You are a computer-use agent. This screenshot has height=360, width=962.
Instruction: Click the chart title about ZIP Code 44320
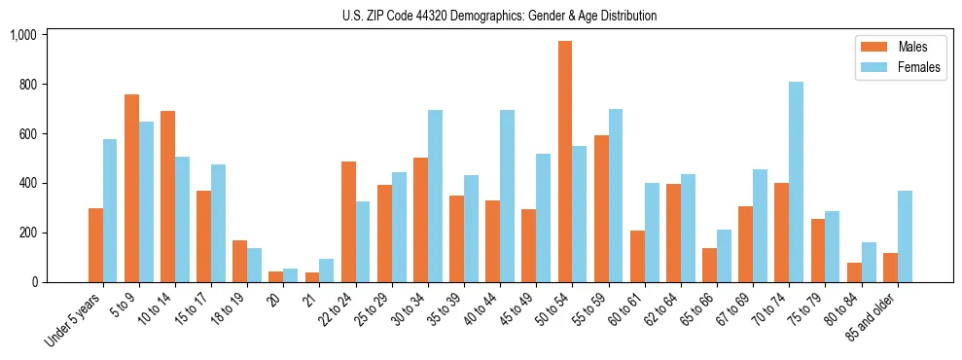pyautogui.click(x=499, y=16)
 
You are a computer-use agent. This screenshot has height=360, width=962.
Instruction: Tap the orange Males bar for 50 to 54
pyautogui.click(x=565, y=162)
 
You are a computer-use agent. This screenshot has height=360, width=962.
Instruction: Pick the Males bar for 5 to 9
pyautogui.click(x=132, y=188)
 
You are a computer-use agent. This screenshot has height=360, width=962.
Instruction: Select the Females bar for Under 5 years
pyautogui.click(x=111, y=210)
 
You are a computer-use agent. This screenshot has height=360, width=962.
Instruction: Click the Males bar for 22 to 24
pyautogui.click(x=348, y=222)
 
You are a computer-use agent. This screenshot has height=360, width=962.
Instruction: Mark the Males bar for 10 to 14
pyautogui.click(x=168, y=197)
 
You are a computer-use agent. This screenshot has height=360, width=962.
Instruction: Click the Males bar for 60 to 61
pyautogui.click(x=637, y=256)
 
